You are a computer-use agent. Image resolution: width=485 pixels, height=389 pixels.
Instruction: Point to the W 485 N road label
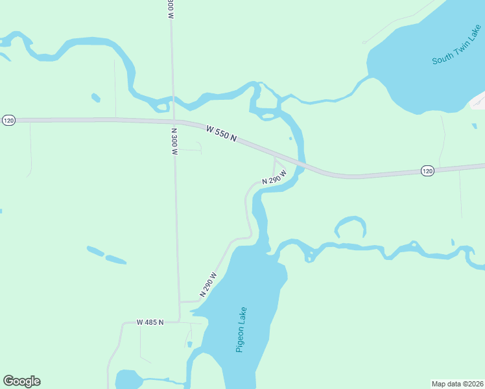coord(150,322)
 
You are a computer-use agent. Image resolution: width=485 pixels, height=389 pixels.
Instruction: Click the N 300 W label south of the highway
coord(174,141)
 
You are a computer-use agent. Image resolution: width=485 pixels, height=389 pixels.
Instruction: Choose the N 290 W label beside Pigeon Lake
coord(208,284)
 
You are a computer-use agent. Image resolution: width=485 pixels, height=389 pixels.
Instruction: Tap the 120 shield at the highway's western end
coord(8,121)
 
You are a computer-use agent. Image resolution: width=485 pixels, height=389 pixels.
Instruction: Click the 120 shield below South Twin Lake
coord(427,171)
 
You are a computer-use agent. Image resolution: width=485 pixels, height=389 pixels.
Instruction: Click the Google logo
coord(21,381)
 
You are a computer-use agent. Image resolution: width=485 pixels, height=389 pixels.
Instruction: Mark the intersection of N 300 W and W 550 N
coord(174,121)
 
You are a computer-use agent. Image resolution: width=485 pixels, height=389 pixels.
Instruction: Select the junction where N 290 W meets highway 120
coord(275,155)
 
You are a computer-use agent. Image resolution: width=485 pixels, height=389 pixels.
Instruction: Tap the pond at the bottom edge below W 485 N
coord(130,379)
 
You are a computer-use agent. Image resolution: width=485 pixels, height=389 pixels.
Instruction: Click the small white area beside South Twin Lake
coord(478,100)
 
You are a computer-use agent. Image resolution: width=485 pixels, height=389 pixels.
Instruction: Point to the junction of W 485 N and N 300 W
coord(180,322)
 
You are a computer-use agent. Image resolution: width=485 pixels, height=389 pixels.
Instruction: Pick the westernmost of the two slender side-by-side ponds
coord(95,250)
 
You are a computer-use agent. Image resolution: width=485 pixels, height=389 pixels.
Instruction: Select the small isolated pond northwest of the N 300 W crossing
coord(96,98)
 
